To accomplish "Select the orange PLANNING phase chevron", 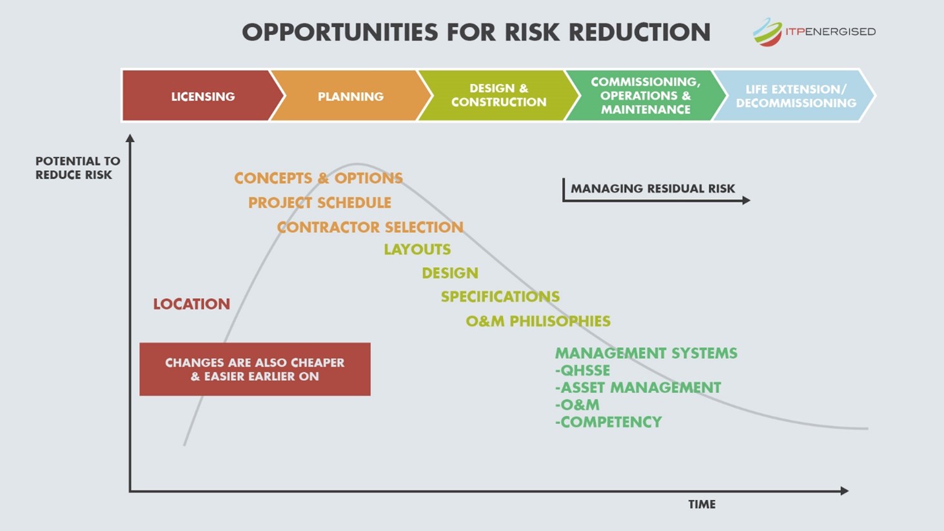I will (350, 96).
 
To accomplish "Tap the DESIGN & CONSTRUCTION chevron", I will (498, 95).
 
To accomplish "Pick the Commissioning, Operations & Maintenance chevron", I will (645, 95).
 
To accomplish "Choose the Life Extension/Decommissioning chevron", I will (796, 96).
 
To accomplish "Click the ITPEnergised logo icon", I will (767, 32).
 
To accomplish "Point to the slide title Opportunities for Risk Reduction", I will (476, 32).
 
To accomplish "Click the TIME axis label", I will (702, 505).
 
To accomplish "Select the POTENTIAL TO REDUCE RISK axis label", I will (77, 168).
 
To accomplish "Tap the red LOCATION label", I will (192, 304).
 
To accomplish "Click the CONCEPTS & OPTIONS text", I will (319, 178).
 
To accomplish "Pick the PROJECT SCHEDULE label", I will (320, 203).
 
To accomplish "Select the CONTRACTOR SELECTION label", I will (370, 227).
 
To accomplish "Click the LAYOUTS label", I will (417, 249).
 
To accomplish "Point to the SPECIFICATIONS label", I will (500, 297).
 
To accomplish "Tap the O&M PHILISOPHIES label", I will (538, 321).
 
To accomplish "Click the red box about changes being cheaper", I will (255, 369).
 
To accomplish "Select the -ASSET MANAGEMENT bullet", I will (638, 388).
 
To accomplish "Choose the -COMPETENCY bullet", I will (608, 422).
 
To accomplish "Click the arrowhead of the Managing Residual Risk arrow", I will (746, 201).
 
